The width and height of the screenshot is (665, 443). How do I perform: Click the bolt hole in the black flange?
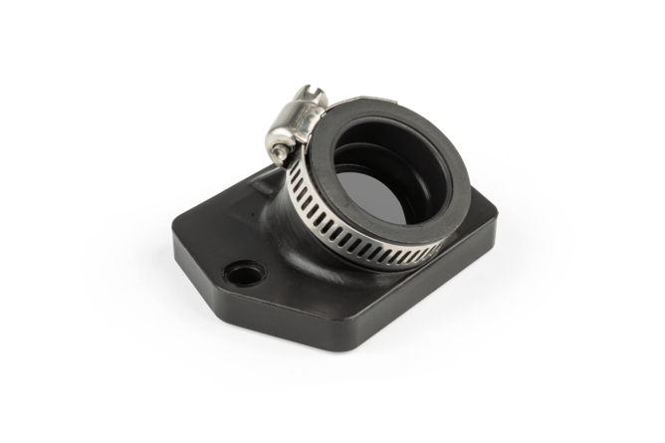point(244,271)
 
